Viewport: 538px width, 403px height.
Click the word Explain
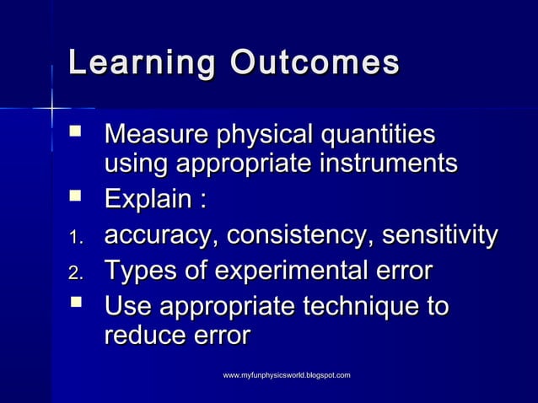click(146, 201)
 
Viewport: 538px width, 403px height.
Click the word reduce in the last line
click(144, 336)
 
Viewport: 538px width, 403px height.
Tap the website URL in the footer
click(286, 373)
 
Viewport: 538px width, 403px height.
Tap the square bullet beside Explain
click(76, 199)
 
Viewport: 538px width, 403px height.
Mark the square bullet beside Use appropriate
click(76, 304)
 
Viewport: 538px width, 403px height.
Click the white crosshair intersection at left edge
click(52, 108)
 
